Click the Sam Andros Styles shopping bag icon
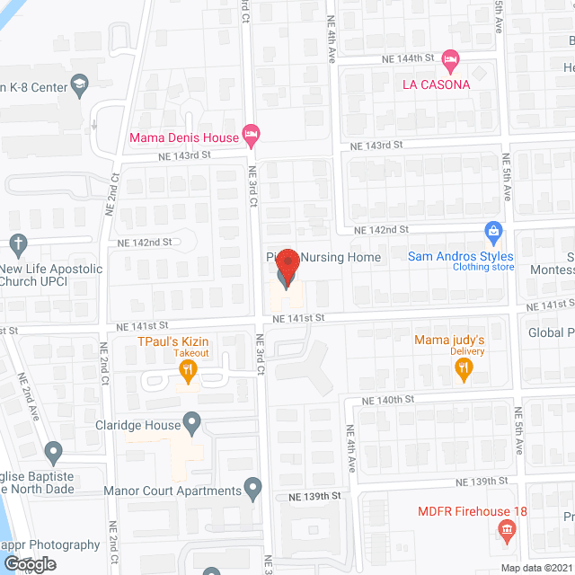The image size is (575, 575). pos(492,233)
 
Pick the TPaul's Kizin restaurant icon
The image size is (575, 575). pos(188,367)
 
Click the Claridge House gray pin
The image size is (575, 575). pos(191,420)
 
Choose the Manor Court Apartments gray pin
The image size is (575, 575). pos(253,491)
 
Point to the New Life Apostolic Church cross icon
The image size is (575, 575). pos(17,243)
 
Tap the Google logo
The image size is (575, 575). pos(29,564)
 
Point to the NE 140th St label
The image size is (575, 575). pos(385,398)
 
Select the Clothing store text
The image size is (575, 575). pos(483,267)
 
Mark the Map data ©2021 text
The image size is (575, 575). pos(535,568)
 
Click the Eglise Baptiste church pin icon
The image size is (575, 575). pos(53,451)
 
